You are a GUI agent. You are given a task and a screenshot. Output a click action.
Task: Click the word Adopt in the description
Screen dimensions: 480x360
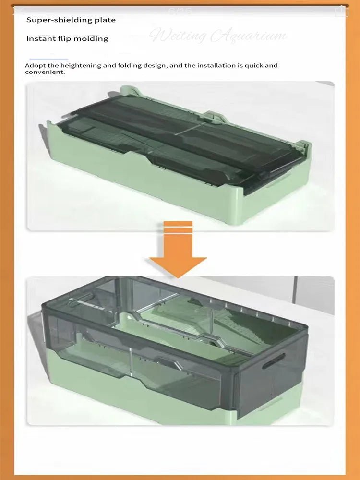click(x=35, y=65)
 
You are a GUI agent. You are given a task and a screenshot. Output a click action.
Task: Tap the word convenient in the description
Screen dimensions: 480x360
click(x=45, y=72)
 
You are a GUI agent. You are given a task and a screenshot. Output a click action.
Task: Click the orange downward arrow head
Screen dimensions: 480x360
click(x=178, y=266)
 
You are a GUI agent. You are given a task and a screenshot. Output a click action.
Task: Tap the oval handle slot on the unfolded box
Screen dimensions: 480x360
click(x=273, y=360)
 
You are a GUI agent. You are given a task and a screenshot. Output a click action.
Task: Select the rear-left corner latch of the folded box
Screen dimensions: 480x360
click(x=126, y=90)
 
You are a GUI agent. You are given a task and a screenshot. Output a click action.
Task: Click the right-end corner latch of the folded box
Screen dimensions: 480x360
click(x=301, y=144)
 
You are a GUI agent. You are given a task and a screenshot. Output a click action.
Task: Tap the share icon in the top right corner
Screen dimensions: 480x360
click(x=341, y=11)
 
